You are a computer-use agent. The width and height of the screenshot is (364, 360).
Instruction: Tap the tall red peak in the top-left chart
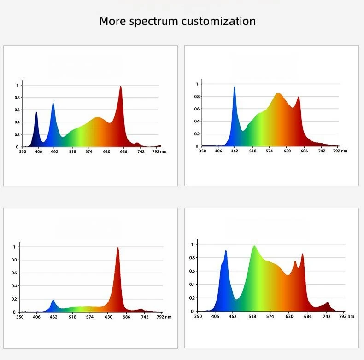pos(121,87)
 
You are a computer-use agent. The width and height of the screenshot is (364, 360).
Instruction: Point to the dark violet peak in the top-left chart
pos(36,113)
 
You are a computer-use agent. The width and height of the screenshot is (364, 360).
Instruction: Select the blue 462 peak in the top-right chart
pos(234,88)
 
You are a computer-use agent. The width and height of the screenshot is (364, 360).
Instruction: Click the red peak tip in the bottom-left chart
pos(117,248)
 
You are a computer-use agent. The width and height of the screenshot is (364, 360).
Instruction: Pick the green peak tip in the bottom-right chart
pos(254,247)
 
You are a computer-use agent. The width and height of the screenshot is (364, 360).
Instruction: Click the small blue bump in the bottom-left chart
pos(53,301)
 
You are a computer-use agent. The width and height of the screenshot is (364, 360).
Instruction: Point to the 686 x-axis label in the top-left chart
pos(124,151)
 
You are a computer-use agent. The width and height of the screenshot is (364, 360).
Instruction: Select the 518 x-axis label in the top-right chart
pos(252,151)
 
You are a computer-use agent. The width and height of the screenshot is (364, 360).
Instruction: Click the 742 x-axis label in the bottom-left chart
pos(144,317)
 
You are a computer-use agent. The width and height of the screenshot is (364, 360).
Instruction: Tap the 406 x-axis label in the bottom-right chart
pos(215,316)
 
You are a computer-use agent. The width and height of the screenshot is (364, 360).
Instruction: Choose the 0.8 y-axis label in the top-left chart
pos(17,98)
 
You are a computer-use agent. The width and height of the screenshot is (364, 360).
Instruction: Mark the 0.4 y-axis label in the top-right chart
pos(197,122)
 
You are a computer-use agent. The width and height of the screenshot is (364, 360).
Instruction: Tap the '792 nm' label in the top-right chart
pos(341,151)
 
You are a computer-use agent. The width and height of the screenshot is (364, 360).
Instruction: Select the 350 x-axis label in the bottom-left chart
pos(20,317)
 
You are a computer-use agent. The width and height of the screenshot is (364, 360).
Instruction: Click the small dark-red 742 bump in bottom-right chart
pos(327,304)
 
